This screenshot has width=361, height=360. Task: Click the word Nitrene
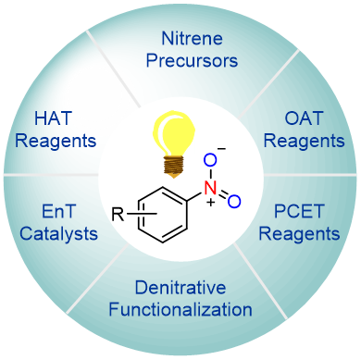(192, 39)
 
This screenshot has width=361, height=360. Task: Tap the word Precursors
(192, 60)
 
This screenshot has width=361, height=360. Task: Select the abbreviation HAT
(53, 118)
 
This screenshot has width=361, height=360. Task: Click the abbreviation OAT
(304, 118)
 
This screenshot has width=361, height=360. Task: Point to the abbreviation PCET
(299, 211)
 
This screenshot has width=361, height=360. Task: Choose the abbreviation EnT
(58, 212)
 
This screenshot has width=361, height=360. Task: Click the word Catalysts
(58, 233)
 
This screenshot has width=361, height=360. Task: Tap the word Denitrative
(180, 288)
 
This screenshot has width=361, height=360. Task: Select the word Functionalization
(180, 309)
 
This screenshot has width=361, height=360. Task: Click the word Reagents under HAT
(56, 141)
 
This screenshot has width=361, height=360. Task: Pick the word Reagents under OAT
(304, 141)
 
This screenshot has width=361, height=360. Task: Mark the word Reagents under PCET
(299, 234)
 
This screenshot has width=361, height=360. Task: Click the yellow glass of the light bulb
(174, 133)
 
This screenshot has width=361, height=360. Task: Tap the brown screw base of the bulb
(174, 167)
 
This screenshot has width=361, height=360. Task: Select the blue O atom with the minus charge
(210, 161)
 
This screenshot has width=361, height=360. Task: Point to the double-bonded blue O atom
(234, 201)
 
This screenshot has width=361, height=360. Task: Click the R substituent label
(118, 214)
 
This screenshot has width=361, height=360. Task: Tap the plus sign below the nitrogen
(211, 203)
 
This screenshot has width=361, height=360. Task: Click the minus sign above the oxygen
(221, 149)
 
